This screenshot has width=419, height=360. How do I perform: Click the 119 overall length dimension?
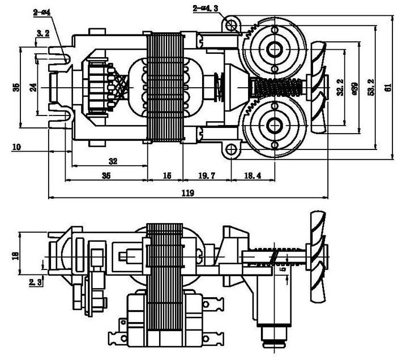click(188, 193)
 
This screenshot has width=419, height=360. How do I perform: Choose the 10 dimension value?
click(16, 147)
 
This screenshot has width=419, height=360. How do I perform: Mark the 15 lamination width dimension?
click(166, 176)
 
